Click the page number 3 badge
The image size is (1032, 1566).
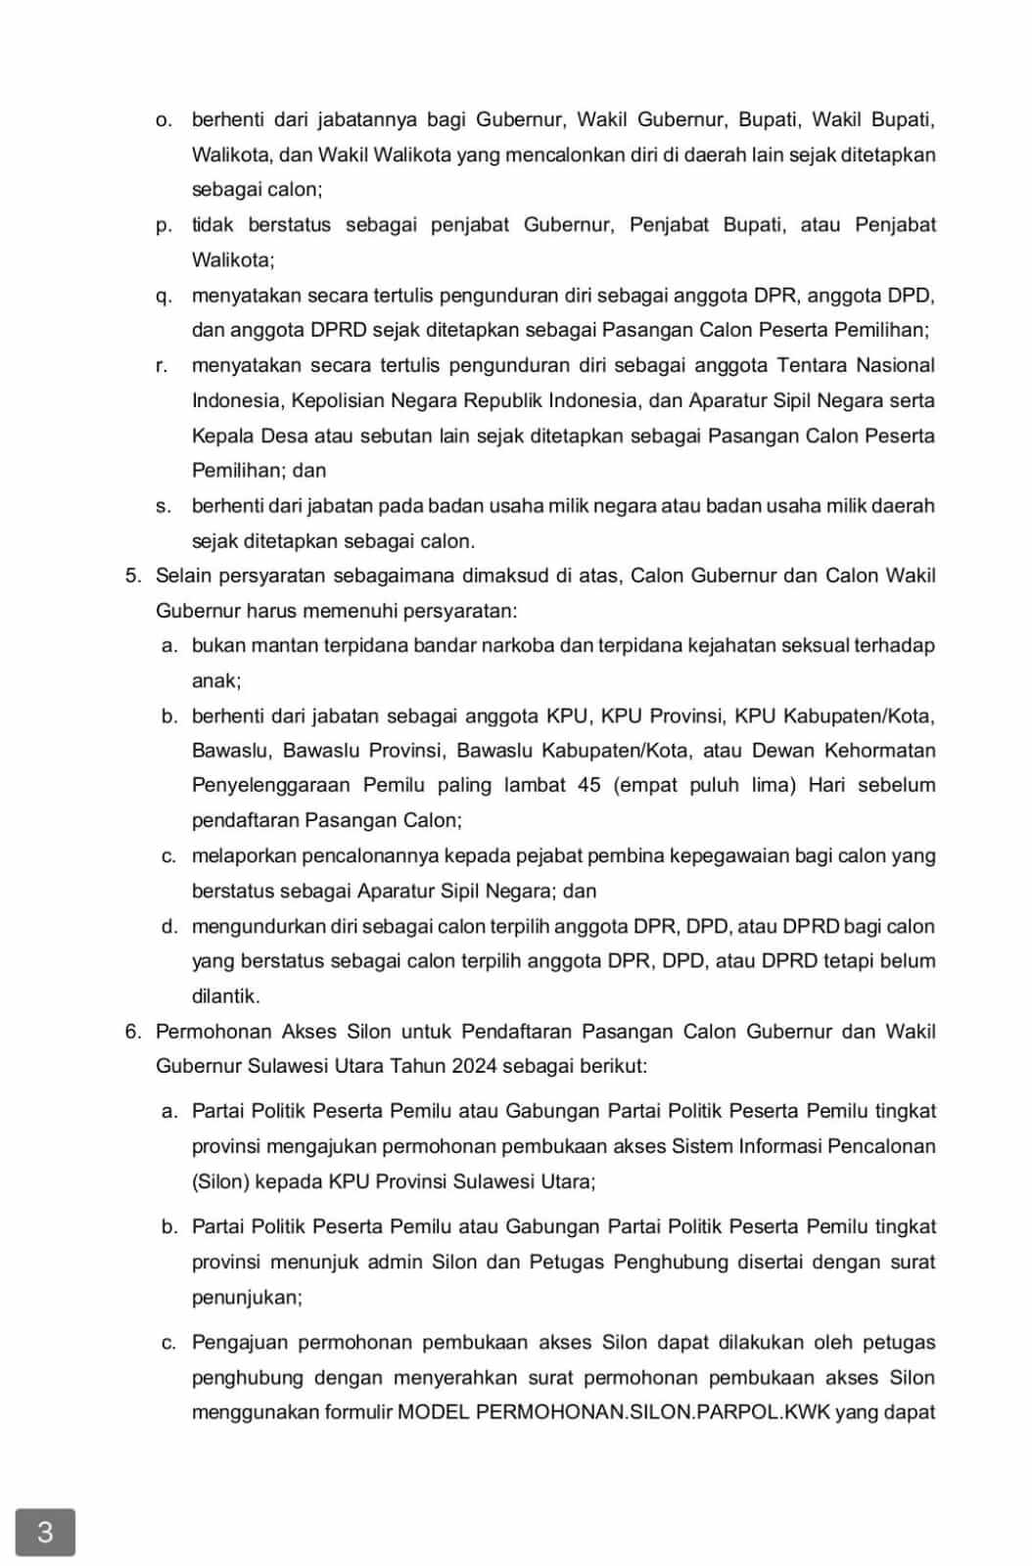pyautogui.click(x=45, y=1532)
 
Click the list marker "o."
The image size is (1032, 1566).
pyautogui.click(x=164, y=119)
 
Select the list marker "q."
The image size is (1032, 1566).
pyautogui.click(x=164, y=296)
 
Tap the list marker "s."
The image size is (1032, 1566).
pyautogui.click(x=164, y=506)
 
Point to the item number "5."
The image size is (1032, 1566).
pyautogui.click(x=133, y=576)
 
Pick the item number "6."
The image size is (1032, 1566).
pyautogui.click(x=133, y=1032)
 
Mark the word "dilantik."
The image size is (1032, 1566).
pyautogui.click(x=226, y=996)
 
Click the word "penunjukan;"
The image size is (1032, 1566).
pyautogui.click(x=247, y=1297)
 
